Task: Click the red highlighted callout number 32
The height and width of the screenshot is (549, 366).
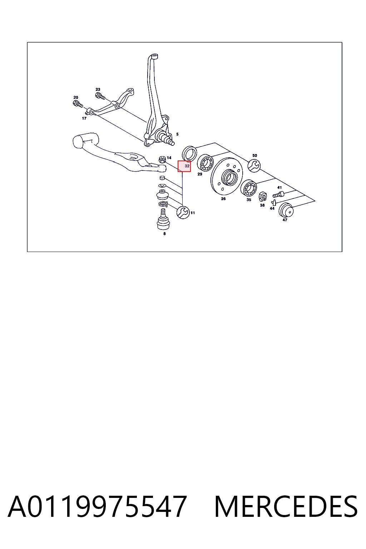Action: (184, 166)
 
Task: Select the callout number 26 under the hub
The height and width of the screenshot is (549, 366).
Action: (223, 198)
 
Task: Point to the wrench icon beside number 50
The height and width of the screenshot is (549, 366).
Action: (254, 166)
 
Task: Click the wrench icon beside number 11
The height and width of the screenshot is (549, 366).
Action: (183, 212)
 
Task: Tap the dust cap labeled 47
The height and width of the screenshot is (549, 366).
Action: (286, 210)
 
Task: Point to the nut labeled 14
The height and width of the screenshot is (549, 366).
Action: (162, 159)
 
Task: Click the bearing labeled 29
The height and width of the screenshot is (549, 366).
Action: (205, 163)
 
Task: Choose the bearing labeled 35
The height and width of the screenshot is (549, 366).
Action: (248, 188)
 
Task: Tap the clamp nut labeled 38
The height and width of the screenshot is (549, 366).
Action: (263, 197)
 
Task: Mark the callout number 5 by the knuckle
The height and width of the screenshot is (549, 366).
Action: (177, 134)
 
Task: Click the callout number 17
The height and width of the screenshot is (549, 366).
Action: (84, 118)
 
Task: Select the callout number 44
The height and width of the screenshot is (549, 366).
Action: (272, 208)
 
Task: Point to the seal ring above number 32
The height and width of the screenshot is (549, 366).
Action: (189, 153)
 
